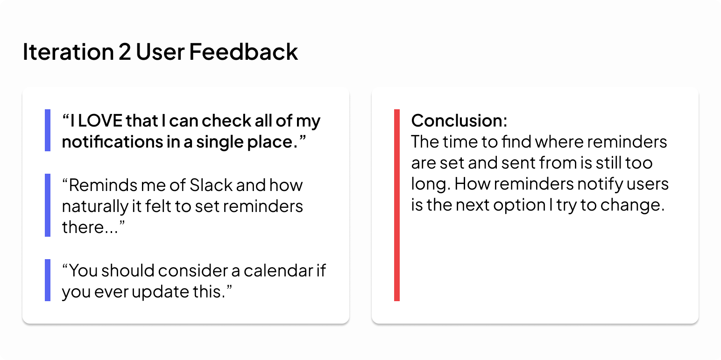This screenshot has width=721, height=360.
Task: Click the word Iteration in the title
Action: pyautogui.click(x=68, y=52)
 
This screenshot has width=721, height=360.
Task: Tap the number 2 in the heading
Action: pyautogui.click(x=125, y=52)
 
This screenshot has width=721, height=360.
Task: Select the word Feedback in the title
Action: pyautogui.click(x=243, y=51)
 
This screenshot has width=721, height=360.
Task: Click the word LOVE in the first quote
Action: pyautogui.click(x=100, y=120)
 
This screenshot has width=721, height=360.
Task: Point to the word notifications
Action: pyautogui.click(x=113, y=141)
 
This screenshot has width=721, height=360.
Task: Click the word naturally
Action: pyautogui.click(x=95, y=206)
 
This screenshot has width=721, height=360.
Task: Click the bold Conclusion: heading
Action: pyautogui.click(x=459, y=120)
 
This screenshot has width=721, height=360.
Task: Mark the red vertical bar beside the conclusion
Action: pyautogui.click(x=397, y=205)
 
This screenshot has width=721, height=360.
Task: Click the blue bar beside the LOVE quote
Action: pyautogui.click(x=48, y=130)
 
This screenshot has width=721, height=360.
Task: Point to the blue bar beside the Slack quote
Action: pyautogui.click(x=48, y=205)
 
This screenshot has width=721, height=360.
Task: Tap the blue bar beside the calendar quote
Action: pyautogui.click(x=48, y=280)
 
